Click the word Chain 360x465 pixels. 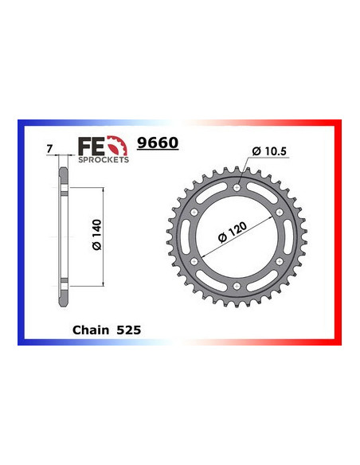[x=89, y=328]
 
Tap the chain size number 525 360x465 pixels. [x=129, y=328]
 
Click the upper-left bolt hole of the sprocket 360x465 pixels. [x=195, y=213]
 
